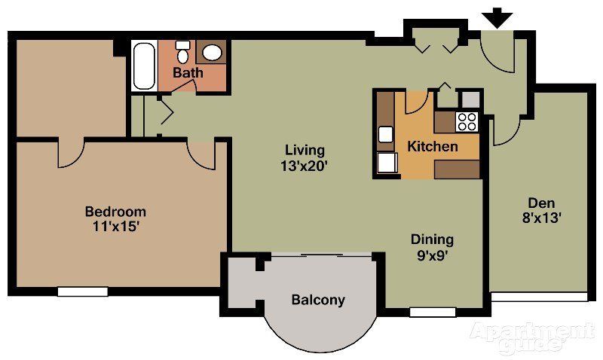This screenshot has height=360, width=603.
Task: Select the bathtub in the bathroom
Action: pos(143,66)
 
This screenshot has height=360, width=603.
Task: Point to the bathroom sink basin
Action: pos(213,53)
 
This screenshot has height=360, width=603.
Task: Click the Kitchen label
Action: pos(432,146)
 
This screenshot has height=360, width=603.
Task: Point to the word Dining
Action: pos(432,239)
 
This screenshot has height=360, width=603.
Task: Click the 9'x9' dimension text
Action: pos(432,255)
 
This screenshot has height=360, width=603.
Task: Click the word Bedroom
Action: pos(115,212)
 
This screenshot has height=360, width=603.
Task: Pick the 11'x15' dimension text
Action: pos(115,226)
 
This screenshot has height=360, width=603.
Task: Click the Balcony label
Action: pos(318,300)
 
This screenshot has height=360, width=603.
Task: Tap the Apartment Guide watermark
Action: pos(531,337)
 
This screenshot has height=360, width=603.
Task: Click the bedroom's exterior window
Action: pos(82,291)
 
